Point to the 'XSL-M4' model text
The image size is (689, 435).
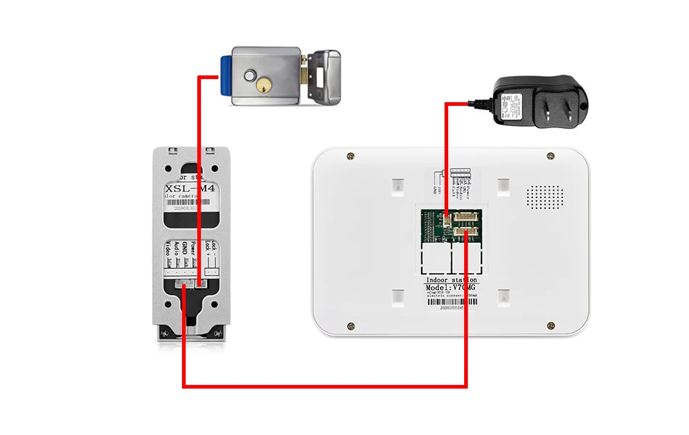(x=190, y=188)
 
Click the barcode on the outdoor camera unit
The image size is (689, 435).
(x=190, y=207)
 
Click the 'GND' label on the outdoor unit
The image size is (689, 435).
(x=184, y=246)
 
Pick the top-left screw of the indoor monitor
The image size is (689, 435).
(x=350, y=156)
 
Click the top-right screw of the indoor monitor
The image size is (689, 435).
(x=548, y=156)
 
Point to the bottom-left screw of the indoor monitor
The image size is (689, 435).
(x=350, y=326)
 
